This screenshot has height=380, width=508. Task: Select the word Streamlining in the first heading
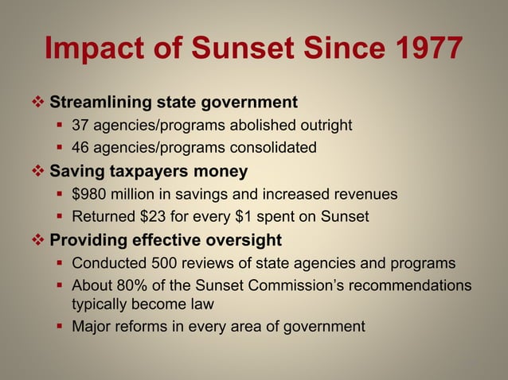(x=100, y=103)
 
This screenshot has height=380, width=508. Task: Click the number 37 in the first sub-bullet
(x=80, y=125)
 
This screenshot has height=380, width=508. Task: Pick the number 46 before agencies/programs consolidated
(x=80, y=147)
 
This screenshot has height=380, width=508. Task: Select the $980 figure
(x=88, y=193)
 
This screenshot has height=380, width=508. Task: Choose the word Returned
(x=104, y=215)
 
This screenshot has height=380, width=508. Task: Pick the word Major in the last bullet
(x=92, y=326)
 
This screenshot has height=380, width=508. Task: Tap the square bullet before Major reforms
(x=61, y=327)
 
